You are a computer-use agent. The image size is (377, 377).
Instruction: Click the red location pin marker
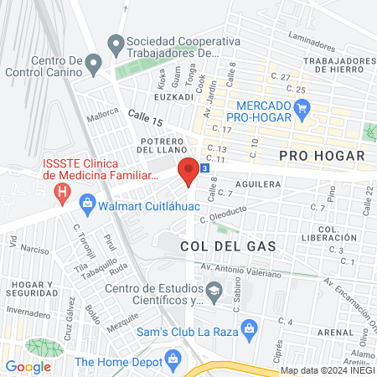tap(188, 170)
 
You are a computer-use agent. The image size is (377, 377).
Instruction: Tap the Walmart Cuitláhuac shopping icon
tap(87, 203)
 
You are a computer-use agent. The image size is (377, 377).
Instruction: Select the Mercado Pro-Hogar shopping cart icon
tap(303, 106)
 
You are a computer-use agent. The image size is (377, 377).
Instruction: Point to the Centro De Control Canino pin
tap(94, 63)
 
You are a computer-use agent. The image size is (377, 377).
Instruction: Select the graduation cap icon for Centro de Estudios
tap(215, 291)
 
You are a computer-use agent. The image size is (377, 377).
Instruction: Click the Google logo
tap(28, 366)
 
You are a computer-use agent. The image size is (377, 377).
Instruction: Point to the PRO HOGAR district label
tap(322, 156)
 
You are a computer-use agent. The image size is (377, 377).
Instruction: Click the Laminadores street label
tap(307, 38)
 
